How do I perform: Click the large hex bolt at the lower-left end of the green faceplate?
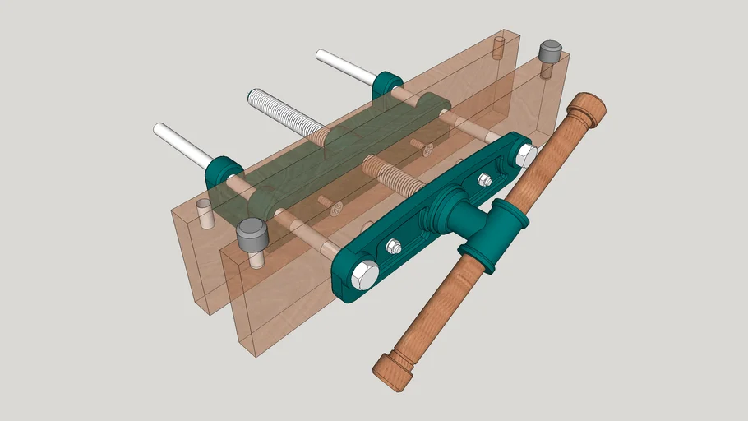[x=364, y=275]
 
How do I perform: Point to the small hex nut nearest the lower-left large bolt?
[x=394, y=247]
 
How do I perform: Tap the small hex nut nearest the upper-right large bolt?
[x=485, y=180]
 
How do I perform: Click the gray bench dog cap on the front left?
[x=252, y=236]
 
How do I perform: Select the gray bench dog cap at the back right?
[x=550, y=53]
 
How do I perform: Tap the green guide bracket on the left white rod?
[x=223, y=171]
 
